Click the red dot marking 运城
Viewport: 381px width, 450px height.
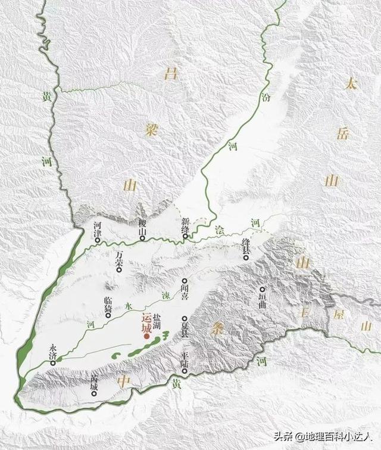pos(146,337)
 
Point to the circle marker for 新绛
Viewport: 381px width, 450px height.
pos(186,237)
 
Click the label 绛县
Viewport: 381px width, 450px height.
pos(245,245)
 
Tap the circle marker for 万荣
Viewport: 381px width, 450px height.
pos(120,270)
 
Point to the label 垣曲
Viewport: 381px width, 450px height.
pos(265,296)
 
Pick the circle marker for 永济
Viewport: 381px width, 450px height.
pos(53,362)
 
